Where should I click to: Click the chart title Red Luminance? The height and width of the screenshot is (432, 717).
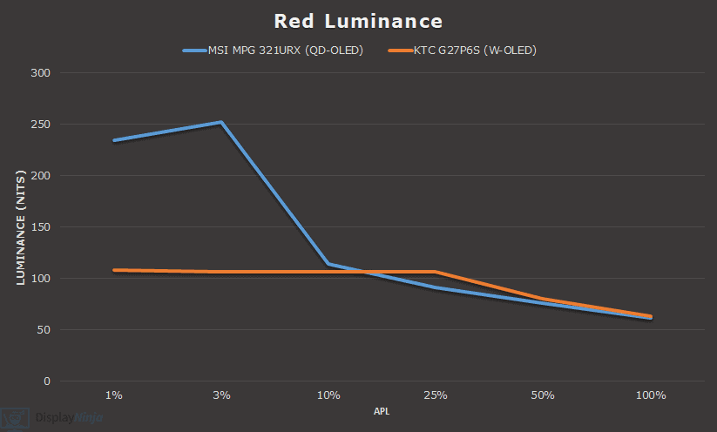pos(358,21)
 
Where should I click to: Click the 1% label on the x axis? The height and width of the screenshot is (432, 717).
pos(114,395)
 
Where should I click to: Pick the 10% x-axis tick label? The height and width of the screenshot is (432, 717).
pos(328,395)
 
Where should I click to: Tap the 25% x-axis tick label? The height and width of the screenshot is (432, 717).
pos(436,395)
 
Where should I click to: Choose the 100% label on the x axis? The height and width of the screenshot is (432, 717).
pos(650,395)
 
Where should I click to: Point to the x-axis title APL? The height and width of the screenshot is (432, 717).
pos(382,410)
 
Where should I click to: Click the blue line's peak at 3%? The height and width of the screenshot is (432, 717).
pos(221,123)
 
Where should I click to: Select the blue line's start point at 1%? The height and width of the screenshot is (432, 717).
pos(114,140)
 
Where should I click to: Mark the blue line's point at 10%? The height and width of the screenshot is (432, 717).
pos(328,264)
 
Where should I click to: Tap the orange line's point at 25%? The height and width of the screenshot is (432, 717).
pos(436,272)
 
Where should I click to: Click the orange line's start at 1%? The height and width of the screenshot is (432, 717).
pos(114,270)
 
